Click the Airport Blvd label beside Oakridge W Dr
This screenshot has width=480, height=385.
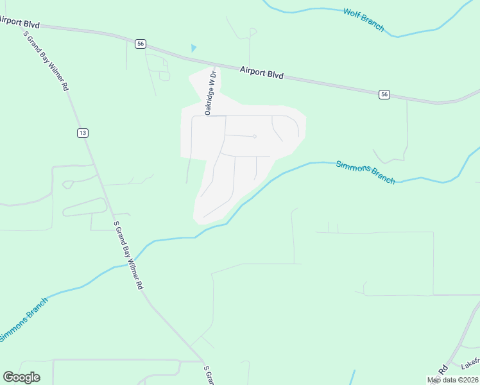coord(262,73)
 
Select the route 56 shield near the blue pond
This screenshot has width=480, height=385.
coord(141,44)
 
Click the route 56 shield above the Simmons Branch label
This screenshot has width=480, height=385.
coord(384,94)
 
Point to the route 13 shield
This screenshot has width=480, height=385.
coord(82,133)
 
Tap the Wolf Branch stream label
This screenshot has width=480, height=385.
coord(363,20)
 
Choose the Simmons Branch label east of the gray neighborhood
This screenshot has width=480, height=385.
coord(365,172)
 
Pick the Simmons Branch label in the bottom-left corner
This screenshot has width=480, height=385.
coord(24,320)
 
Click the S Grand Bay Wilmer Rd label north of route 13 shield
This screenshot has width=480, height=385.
coord(46,62)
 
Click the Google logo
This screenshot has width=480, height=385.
coord(21,377)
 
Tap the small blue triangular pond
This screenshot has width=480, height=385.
coord(194,48)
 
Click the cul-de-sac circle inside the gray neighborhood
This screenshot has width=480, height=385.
coord(255,136)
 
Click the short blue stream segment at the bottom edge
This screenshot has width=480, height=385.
coord(353,377)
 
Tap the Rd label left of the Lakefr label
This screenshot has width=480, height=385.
coord(443,370)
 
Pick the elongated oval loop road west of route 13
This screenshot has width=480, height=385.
coord(85,207)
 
